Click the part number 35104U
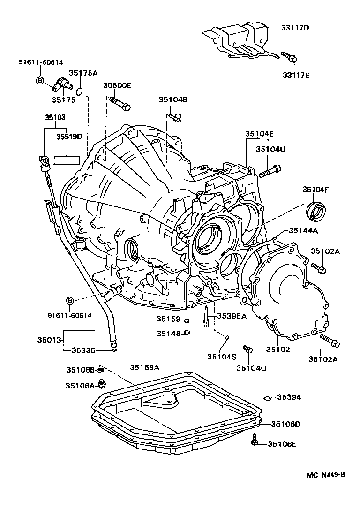270,149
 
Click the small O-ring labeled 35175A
80,89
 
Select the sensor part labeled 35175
62,84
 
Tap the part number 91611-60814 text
41,62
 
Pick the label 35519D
69,137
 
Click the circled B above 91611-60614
70,300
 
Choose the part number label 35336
85,350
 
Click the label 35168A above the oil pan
145,367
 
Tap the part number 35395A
231,316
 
